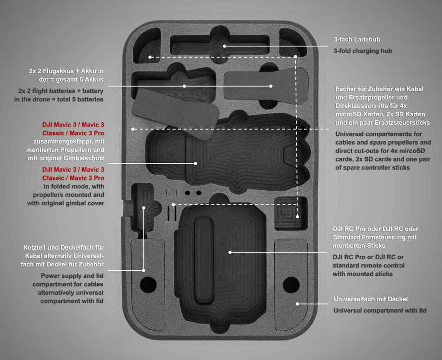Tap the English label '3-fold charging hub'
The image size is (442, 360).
click(x=362, y=51)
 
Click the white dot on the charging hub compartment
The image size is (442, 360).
click(x=225, y=45)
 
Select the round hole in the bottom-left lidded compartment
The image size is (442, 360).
click(x=147, y=284)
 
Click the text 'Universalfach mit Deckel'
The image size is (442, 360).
click(x=370, y=299)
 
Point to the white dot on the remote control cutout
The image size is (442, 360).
click(x=230, y=252)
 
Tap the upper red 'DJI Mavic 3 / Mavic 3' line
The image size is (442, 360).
click(x=73, y=124)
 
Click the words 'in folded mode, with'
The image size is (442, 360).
click(x=74, y=186)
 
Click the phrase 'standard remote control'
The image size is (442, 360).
click(x=369, y=265)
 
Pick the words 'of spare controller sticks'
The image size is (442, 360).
click(x=373, y=167)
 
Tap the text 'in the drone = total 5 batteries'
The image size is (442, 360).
click(x=59, y=99)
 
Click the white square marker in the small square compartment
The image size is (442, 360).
click(x=297, y=217)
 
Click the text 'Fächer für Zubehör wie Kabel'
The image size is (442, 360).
click(x=379, y=89)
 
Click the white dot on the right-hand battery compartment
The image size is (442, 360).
click(x=271, y=86)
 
